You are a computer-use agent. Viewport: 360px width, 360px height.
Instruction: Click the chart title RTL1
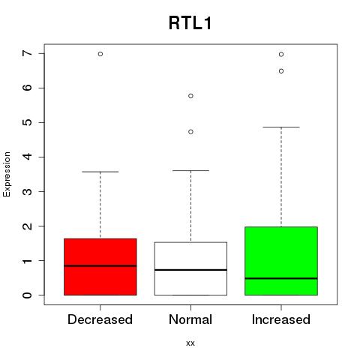(x=190, y=23)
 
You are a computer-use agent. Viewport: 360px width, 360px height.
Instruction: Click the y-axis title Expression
(x=7, y=174)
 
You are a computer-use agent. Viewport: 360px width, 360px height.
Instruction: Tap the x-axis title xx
(x=190, y=343)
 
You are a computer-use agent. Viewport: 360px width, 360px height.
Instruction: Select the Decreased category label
(x=100, y=319)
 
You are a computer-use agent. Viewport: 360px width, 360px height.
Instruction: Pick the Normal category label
(x=190, y=319)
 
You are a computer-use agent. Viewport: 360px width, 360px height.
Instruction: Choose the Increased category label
(x=281, y=319)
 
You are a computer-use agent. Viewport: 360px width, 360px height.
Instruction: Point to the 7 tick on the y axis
(x=28, y=53)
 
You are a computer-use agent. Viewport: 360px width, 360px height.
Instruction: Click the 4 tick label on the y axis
(x=28, y=157)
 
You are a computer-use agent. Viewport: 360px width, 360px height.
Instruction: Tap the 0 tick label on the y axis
(x=28, y=295)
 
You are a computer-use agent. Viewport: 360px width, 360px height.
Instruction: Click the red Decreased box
(x=100, y=267)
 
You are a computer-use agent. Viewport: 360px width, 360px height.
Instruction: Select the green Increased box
(x=281, y=261)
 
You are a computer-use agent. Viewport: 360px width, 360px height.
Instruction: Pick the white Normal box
(x=190, y=268)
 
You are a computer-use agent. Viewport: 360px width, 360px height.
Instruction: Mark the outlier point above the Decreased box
(x=100, y=54)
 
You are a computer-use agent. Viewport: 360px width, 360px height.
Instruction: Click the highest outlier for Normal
(x=190, y=96)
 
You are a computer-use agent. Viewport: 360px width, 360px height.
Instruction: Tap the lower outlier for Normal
(x=190, y=132)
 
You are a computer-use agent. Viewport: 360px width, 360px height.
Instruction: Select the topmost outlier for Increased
(x=281, y=54)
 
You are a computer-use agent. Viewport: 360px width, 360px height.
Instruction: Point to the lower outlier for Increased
(x=281, y=71)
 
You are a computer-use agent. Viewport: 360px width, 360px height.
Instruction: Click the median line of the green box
(x=281, y=278)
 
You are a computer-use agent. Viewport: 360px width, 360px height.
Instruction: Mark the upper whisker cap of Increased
(x=281, y=127)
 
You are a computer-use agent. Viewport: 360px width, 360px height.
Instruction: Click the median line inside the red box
(x=100, y=265)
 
